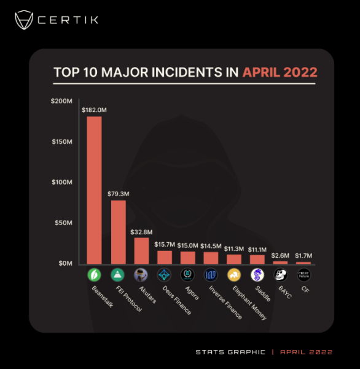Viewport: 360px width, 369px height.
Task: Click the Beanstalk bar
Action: (x=94, y=190)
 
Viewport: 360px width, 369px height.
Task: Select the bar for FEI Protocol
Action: (x=119, y=232)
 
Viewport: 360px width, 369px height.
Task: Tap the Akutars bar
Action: (x=141, y=251)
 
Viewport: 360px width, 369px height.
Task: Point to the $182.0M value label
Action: (x=94, y=110)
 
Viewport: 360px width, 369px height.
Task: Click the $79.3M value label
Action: (x=119, y=194)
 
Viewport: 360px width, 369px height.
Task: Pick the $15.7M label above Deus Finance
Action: (x=165, y=245)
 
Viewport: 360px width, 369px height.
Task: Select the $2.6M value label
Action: (x=280, y=256)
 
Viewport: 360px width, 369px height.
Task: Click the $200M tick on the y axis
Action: (x=61, y=101)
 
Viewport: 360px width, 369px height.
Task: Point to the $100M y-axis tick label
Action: (x=62, y=182)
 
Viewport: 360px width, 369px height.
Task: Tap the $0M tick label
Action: (x=65, y=263)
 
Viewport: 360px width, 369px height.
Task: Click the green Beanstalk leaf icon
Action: (x=94, y=275)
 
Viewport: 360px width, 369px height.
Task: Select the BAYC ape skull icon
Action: (x=280, y=275)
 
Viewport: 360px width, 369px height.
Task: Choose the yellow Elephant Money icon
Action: (x=234, y=275)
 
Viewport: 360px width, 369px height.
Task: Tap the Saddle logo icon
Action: (x=257, y=275)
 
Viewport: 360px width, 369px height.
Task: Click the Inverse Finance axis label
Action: (x=225, y=303)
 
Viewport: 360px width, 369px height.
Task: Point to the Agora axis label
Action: (x=192, y=293)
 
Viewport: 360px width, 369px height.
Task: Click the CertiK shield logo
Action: (x=24, y=20)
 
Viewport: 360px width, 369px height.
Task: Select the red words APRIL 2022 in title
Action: (x=280, y=72)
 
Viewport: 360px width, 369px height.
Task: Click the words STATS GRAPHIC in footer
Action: (x=230, y=352)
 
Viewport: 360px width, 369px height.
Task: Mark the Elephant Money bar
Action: (x=234, y=259)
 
